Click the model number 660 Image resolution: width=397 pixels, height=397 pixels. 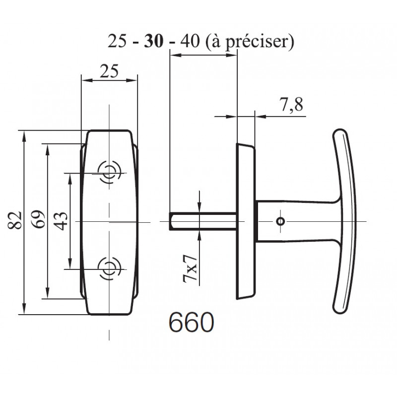(x=191, y=323)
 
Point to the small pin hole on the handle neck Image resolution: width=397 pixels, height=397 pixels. (x=280, y=221)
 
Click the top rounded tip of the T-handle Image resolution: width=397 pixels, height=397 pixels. (x=339, y=132)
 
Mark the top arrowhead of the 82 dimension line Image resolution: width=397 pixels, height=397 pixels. (x=23, y=134)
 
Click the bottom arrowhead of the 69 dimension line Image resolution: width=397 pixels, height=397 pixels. (x=47, y=295)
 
